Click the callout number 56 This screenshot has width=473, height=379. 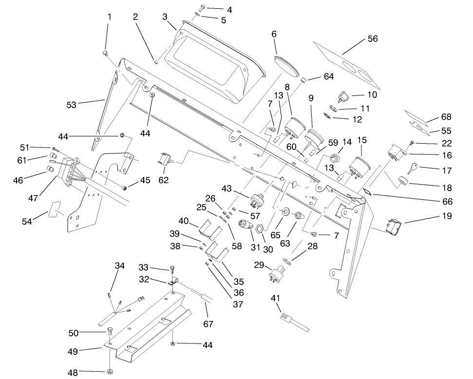(x=372, y=38)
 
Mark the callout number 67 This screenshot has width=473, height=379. (x=208, y=323)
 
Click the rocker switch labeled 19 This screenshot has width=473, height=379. (x=393, y=227)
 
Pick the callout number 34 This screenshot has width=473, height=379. (x=120, y=265)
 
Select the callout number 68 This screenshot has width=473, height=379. (x=446, y=117)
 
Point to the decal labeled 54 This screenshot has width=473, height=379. (x=55, y=208)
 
